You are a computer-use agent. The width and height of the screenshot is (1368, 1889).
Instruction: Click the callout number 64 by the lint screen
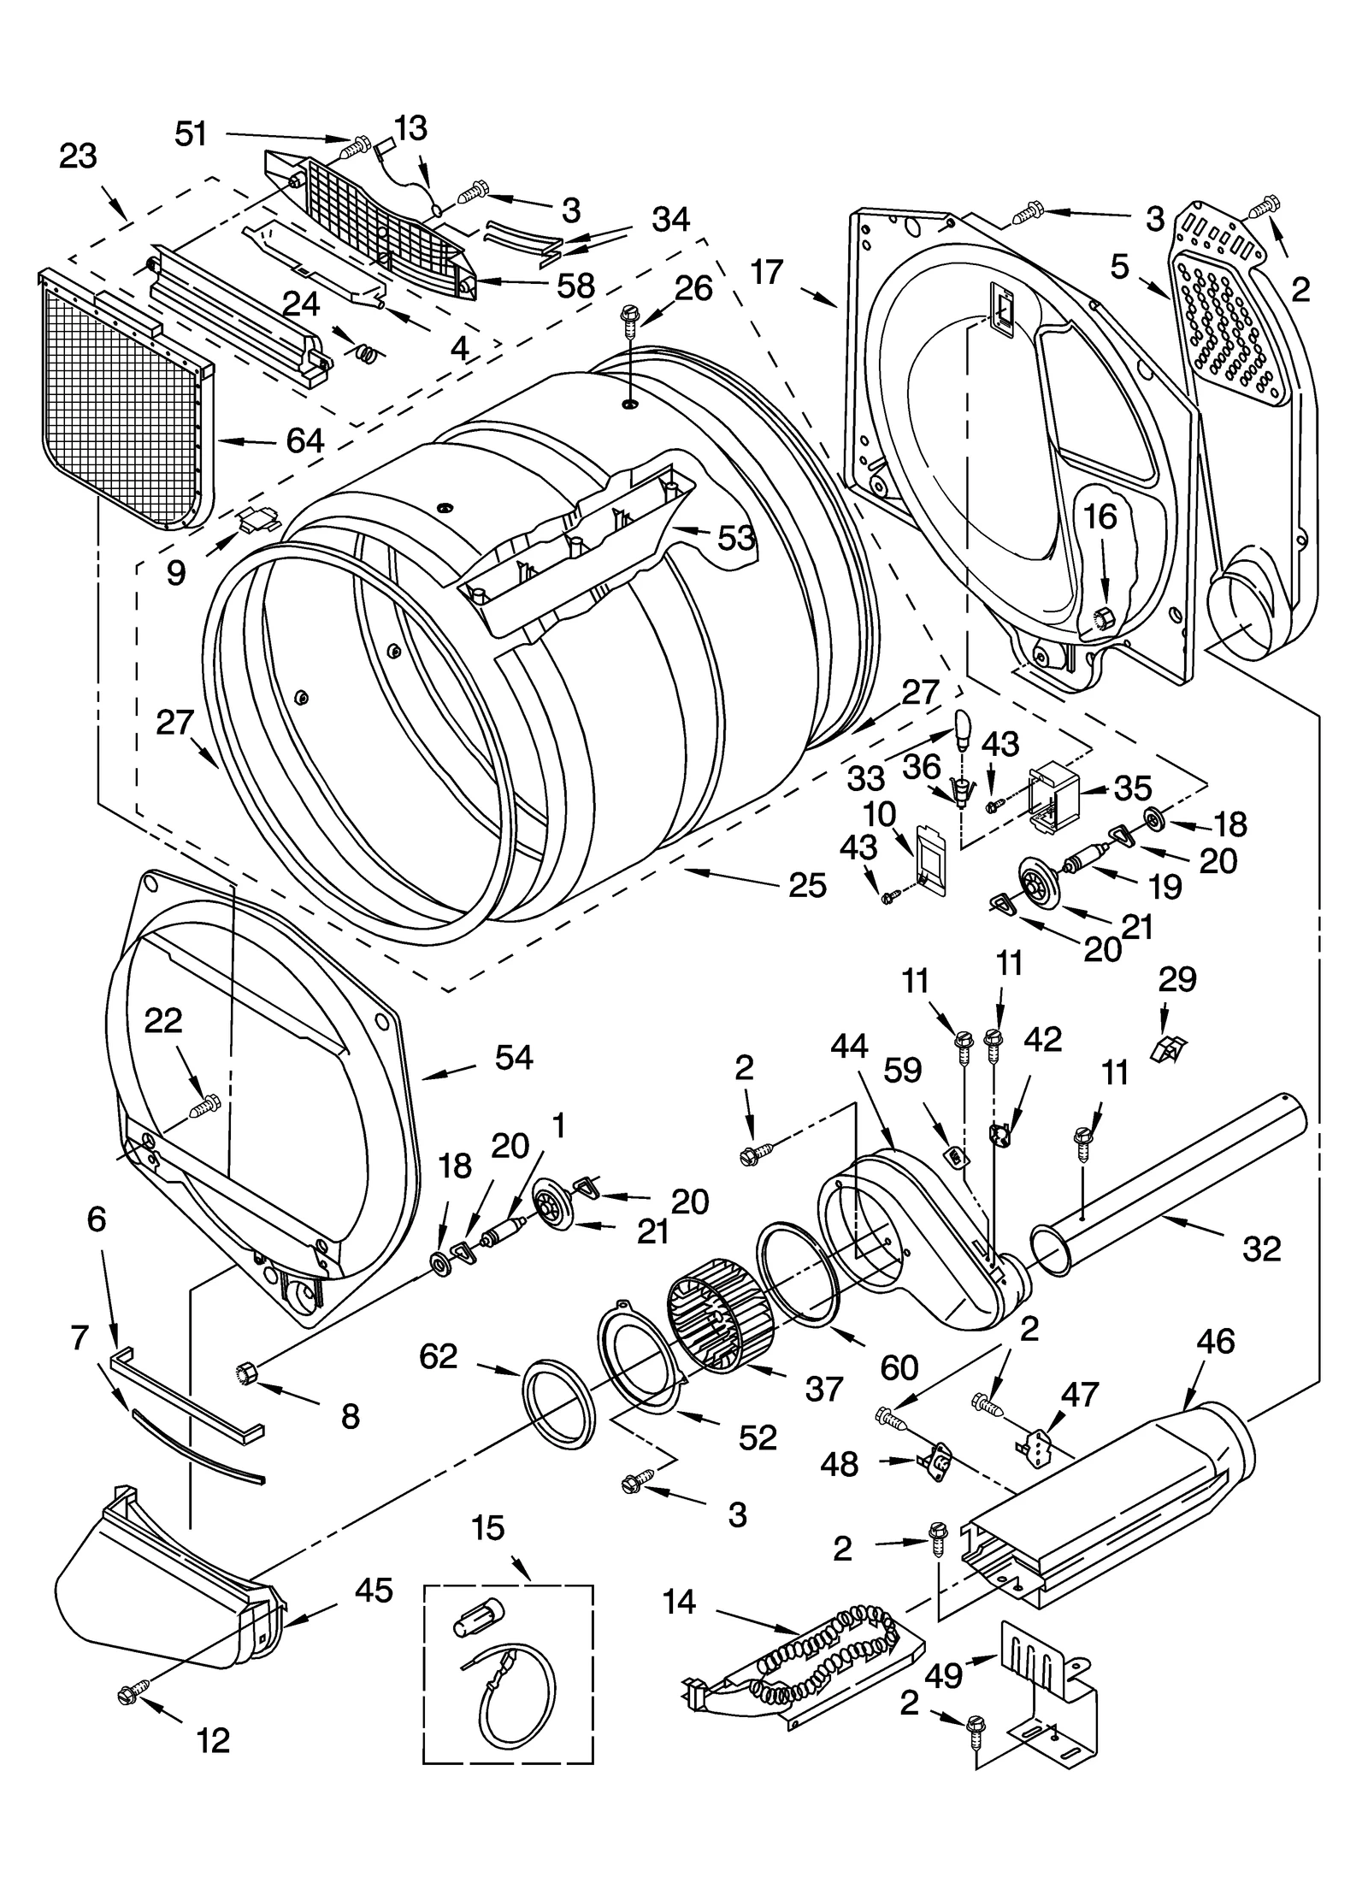[305, 441]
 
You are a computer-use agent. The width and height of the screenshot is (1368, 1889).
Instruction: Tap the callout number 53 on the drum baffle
[736, 538]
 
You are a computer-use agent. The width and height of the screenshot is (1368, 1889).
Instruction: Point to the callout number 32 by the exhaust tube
[1261, 1249]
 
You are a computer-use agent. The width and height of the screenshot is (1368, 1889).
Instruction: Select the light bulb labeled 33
[964, 725]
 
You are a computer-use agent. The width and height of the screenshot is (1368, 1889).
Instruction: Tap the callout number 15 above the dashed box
[488, 1528]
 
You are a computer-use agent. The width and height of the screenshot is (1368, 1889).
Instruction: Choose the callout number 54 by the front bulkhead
[514, 1058]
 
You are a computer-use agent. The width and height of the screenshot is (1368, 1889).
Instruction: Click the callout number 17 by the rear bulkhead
[767, 272]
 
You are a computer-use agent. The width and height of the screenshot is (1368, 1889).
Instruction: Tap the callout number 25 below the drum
[807, 885]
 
